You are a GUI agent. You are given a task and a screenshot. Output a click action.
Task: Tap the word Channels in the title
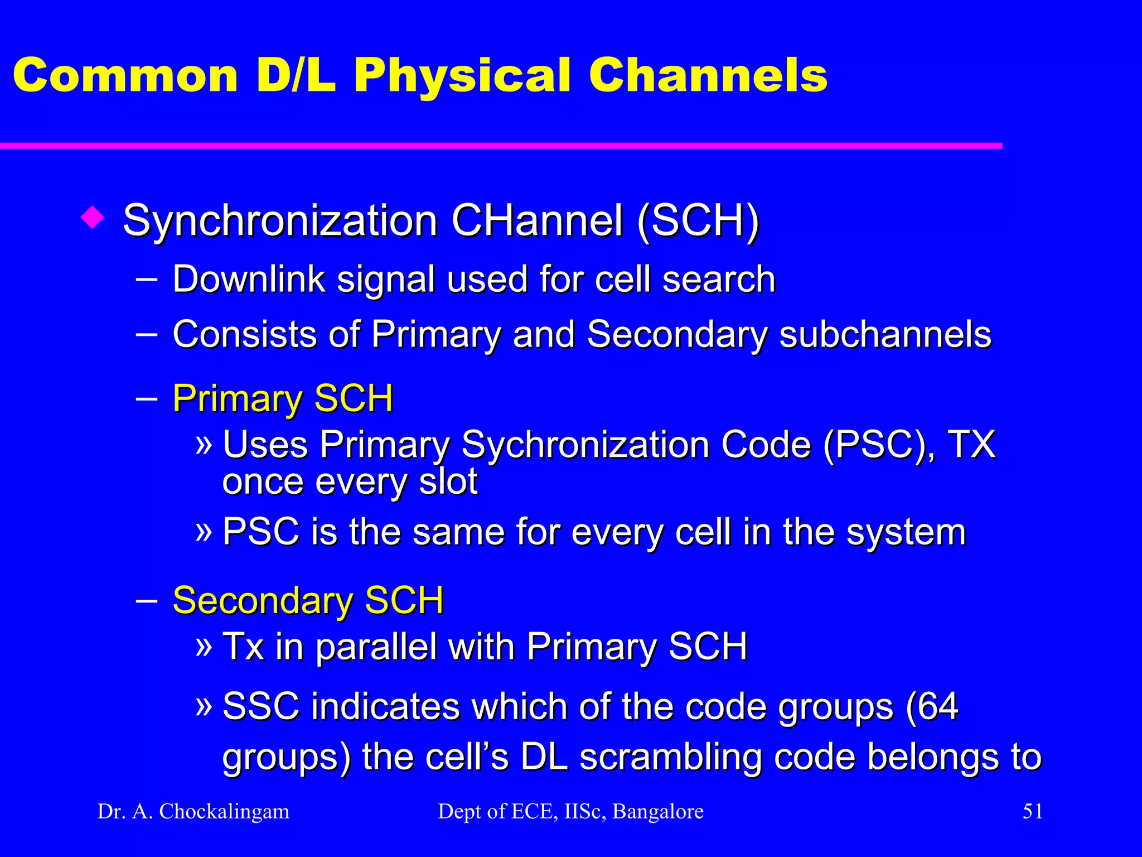[708, 75]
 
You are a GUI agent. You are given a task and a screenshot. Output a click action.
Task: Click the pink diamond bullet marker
[92, 218]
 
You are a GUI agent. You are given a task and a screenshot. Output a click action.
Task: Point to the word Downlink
[249, 279]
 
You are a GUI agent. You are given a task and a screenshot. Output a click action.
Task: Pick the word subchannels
[885, 335]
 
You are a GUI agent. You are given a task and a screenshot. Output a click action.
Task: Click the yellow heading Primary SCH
[283, 399]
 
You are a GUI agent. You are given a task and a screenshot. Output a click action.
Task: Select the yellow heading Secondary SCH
[308, 601]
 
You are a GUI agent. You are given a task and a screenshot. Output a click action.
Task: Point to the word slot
[448, 482]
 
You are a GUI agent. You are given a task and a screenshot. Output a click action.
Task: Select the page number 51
[1032, 811]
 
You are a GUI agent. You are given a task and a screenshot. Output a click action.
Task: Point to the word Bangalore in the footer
[658, 811]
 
